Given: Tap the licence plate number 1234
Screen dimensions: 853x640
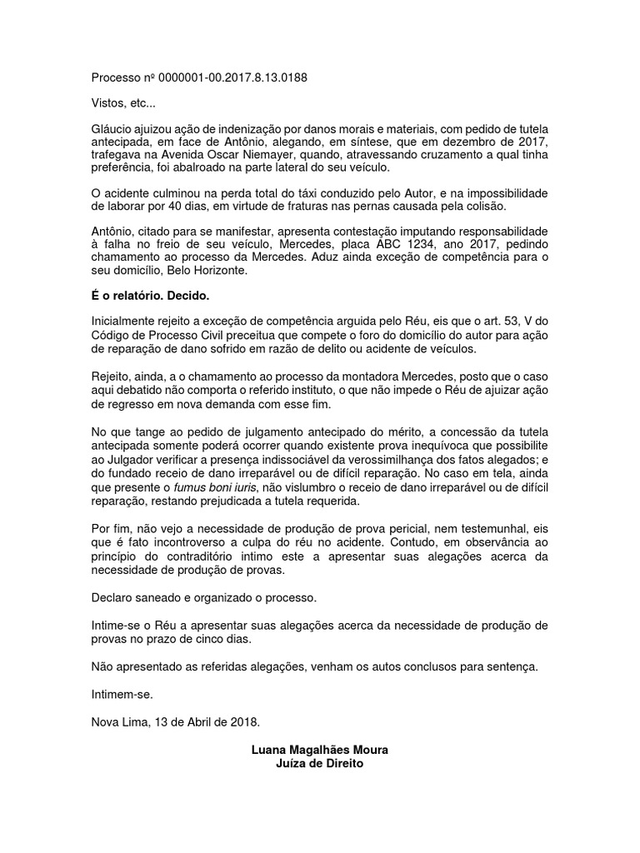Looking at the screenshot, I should pos(429,246).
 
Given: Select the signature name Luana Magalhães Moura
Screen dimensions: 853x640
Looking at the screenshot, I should pos(319,750).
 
